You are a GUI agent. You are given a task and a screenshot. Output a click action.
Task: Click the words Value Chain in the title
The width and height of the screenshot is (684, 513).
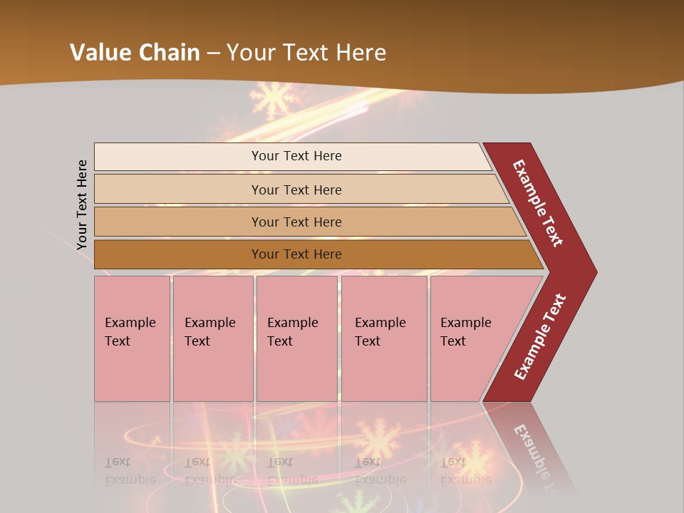point(135,53)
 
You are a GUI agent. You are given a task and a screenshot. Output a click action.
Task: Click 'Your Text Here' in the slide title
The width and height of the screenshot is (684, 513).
point(306,53)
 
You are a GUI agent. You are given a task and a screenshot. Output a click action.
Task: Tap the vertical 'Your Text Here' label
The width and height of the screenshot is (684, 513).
point(82,204)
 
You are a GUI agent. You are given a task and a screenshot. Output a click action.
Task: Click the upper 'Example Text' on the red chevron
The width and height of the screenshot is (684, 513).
point(538,203)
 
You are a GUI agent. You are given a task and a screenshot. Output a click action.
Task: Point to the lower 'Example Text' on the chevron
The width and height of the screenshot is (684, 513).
point(540,337)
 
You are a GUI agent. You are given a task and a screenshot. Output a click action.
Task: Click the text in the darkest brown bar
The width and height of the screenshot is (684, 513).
point(296,254)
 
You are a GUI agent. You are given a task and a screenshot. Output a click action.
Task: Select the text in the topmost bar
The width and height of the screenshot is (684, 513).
point(296,156)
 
